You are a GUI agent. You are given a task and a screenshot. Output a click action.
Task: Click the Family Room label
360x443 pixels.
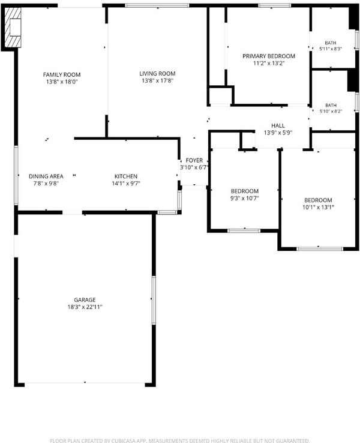[x=62, y=74]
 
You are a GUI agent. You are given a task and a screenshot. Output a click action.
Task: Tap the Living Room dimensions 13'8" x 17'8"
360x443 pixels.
[x=157, y=81]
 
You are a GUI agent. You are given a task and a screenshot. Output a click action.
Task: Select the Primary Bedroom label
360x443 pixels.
[x=269, y=56]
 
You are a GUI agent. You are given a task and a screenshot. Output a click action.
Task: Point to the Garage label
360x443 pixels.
[x=85, y=300]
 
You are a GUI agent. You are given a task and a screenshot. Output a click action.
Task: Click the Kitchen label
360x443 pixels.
[x=126, y=176]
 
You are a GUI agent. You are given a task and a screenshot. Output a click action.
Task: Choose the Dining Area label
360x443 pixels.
[x=46, y=176]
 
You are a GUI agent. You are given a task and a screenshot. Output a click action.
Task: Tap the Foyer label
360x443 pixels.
[x=194, y=160]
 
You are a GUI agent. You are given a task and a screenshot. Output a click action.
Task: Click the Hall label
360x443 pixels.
[x=278, y=125]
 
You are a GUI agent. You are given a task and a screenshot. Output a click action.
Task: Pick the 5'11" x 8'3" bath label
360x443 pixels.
[x=331, y=46]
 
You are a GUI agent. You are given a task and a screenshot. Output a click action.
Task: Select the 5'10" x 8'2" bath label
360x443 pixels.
[x=331, y=108]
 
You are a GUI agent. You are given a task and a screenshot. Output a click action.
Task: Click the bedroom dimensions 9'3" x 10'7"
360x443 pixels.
[x=245, y=198]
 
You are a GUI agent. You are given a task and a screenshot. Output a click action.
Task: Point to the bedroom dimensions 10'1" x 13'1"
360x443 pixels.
[x=318, y=207]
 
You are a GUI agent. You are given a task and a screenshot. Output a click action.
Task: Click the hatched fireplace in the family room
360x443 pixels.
[x=13, y=27]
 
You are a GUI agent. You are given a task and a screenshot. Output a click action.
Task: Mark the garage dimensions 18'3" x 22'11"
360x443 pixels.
[x=85, y=307]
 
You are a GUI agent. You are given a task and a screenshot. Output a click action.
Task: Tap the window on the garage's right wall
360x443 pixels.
[x=154, y=300]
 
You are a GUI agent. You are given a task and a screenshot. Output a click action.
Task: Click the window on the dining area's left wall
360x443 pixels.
[x=16, y=175]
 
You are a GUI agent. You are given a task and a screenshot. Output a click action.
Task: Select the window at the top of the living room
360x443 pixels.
[x=157, y=5]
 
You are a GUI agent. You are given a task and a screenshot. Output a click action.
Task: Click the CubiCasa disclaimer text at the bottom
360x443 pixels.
[x=179, y=441]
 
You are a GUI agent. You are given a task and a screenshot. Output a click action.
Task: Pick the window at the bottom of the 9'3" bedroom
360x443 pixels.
[x=244, y=231]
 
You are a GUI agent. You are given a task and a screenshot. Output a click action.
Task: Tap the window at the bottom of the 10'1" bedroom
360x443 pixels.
[x=320, y=249]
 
